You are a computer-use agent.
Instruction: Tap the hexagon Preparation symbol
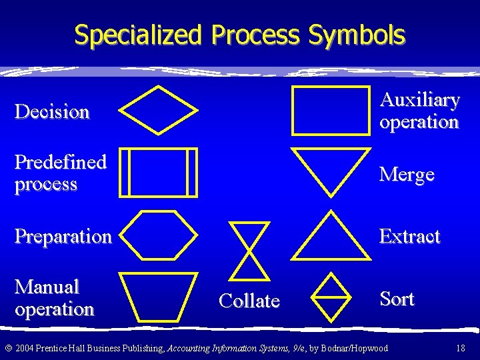(x=162, y=235)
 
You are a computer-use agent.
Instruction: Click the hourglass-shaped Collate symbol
(x=250, y=249)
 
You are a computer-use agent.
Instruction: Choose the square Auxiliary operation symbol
(x=331, y=110)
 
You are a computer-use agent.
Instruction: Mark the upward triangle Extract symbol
(x=331, y=237)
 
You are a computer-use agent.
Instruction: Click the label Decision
(x=52, y=111)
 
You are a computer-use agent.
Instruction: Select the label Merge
(x=407, y=175)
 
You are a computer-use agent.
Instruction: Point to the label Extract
(x=409, y=237)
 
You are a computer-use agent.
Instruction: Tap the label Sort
(x=397, y=299)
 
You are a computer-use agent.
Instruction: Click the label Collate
(x=249, y=301)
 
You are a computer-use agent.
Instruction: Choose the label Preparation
(x=63, y=237)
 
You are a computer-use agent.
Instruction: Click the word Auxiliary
(x=419, y=100)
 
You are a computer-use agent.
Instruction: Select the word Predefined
(x=61, y=162)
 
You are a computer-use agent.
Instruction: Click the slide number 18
(x=460, y=348)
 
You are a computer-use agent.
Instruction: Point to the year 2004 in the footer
(x=25, y=348)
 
